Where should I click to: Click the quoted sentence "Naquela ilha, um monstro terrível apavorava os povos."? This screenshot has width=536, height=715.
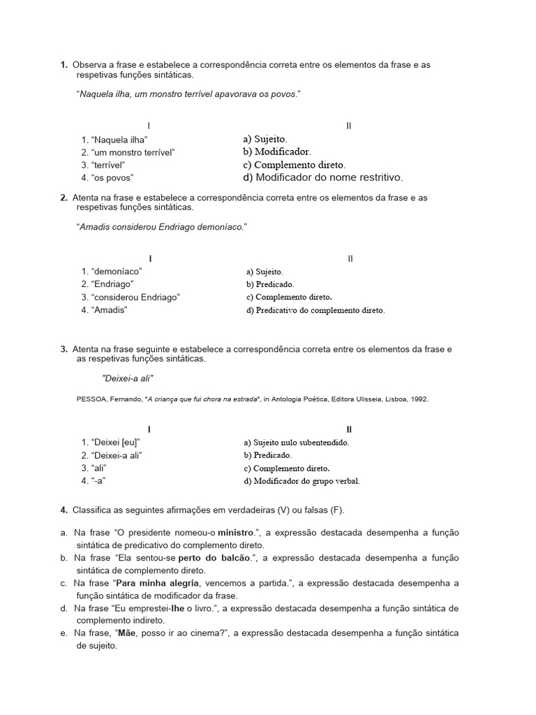coord(188,94)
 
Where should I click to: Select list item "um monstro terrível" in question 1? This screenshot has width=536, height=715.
coord(132,152)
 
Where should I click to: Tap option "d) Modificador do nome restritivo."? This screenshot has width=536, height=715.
coord(322,177)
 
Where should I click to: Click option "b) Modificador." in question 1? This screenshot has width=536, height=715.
coord(277,152)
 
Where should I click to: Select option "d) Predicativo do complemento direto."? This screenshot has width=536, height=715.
coord(315,310)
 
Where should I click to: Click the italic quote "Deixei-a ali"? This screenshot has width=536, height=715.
coord(128,378)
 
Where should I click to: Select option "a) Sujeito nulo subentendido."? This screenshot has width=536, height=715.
coord(296,443)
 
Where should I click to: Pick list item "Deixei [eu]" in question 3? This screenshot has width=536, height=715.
coord(117,443)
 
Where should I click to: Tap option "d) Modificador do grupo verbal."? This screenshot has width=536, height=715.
coord(301,481)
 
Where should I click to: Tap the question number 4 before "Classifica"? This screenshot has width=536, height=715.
coord(64,508)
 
